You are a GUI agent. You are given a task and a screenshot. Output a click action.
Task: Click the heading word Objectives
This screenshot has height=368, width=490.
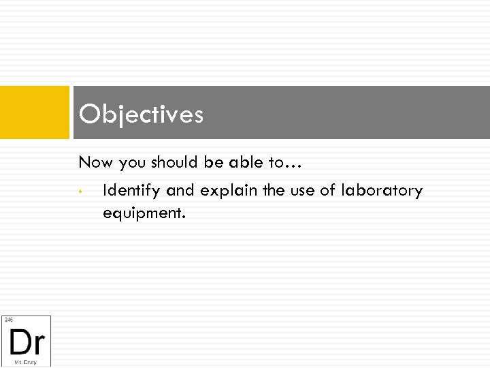click(141, 114)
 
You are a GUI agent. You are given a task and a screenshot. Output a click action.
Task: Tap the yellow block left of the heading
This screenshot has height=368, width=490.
click(35, 112)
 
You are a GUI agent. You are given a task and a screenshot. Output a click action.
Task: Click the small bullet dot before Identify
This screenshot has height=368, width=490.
click(80, 191)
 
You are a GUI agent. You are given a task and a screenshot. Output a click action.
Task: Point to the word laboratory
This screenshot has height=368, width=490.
click(381, 191)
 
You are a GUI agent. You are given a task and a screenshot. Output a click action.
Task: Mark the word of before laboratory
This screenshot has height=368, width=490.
click(328, 191)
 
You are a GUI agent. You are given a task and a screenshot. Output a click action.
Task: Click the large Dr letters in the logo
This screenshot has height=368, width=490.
click(27, 340)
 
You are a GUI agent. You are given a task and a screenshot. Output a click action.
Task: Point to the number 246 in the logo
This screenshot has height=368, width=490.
click(8, 320)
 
